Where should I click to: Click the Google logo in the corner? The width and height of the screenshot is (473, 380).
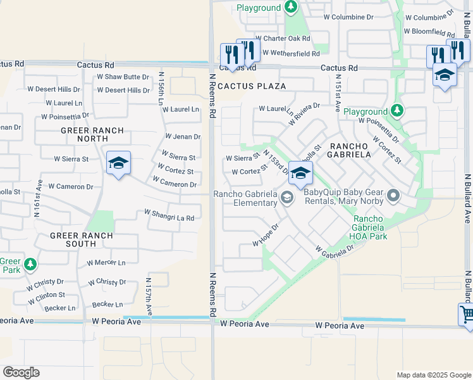tap(21, 372)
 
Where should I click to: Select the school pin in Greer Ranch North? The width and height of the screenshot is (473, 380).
tap(118, 163)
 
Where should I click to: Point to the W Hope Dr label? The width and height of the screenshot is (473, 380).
tap(266, 236)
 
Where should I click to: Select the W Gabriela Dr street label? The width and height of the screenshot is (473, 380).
tap(335, 251)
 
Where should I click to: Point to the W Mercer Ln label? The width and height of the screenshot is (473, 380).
tap(106, 262)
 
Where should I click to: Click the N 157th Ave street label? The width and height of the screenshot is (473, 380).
tap(149, 296)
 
